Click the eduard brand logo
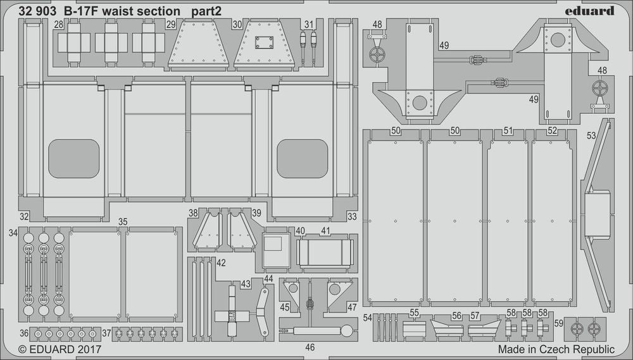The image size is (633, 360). tap(591, 11)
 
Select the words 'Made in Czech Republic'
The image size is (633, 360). tap(556, 349)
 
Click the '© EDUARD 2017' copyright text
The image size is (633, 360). tap(60, 349)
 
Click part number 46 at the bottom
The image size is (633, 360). tap(310, 347)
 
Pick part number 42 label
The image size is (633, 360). tap(220, 263)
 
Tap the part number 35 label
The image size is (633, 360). tap(123, 221)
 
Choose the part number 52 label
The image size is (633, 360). tap(553, 131)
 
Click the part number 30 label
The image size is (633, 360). tap(237, 25)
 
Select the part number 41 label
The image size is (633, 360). tap(325, 231)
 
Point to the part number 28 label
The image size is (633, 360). tap(58, 25)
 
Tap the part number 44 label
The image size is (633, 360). tap(268, 278)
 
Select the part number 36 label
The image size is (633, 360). tap(24, 333)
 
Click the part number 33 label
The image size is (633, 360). tap(352, 216)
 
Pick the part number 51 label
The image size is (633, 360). tap(507, 131)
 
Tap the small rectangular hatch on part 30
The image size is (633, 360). tap(261, 43)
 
